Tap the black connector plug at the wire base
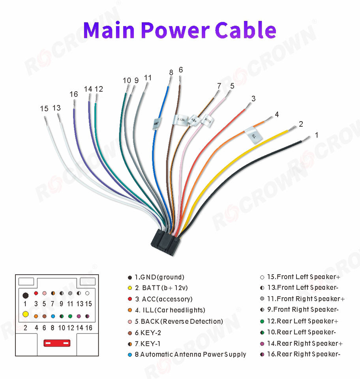[x=165, y=244]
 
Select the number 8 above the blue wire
[x=171, y=73]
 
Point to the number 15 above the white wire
[x=44, y=108]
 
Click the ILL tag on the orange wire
[x=253, y=135]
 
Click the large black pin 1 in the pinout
[x=25, y=295]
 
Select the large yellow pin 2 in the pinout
[x=25, y=315]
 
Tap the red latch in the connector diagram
[x=56, y=343]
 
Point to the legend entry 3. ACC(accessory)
[x=163, y=299]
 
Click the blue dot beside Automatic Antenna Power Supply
[x=130, y=355]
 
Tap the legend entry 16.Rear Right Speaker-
[x=303, y=354]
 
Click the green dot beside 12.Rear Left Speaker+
[x=262, y=321]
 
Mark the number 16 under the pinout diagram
[x=88, y=328]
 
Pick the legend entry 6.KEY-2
[x=148, y=332]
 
